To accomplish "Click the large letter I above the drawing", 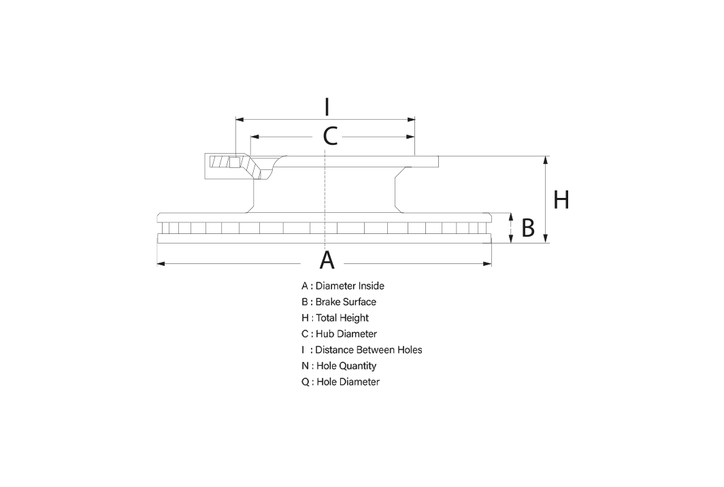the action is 327,107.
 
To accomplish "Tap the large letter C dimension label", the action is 330,137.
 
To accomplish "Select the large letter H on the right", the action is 561,200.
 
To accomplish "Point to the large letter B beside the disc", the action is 528,228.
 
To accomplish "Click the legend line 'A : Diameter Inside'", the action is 343,286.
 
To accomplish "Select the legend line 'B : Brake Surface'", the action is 339,302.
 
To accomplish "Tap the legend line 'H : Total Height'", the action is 335,318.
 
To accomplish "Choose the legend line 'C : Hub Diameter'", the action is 340,334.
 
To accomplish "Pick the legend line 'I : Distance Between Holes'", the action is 362,350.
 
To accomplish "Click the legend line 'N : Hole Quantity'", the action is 339,366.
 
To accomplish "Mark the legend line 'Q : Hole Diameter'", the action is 341,382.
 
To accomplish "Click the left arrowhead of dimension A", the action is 161,264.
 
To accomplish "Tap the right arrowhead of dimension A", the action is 488,264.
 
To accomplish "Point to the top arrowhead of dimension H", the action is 546,160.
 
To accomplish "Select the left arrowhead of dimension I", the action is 240,120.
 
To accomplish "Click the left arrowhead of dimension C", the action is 254,137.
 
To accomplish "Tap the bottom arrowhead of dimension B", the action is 510,239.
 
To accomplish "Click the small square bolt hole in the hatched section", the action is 235,163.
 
